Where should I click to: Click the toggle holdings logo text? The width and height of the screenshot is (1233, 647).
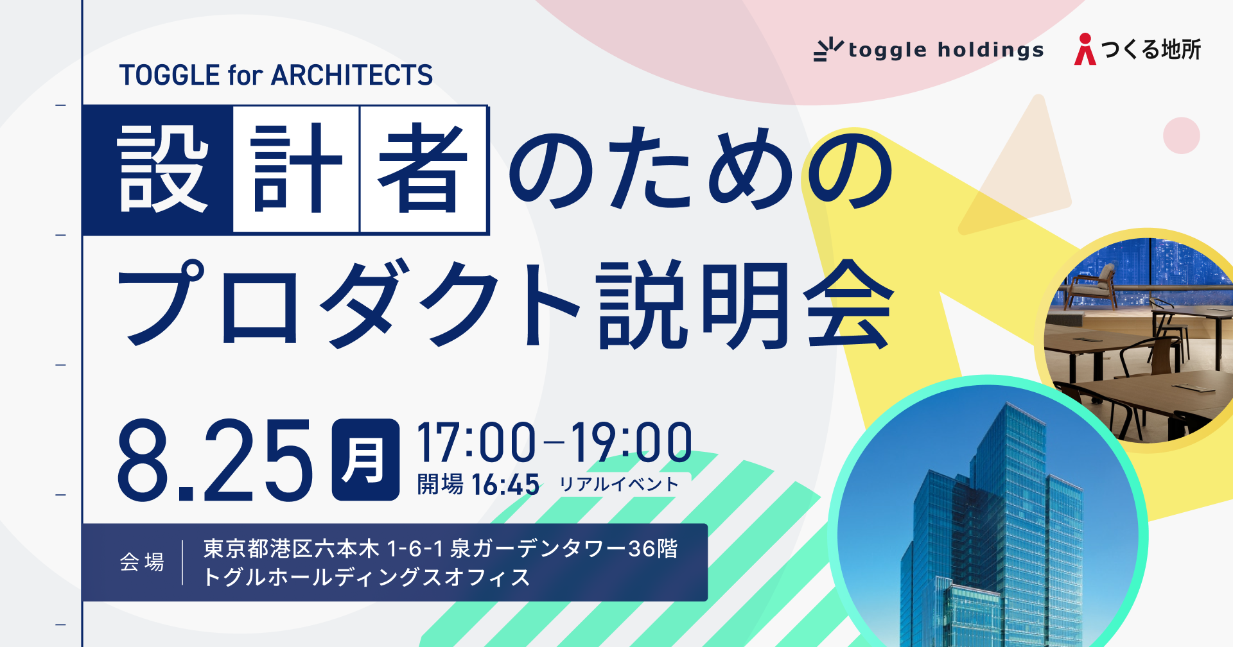pos(945,50)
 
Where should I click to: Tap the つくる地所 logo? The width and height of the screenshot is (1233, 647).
pos(1137,49)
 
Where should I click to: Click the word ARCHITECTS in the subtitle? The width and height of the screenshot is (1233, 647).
pos(352,75)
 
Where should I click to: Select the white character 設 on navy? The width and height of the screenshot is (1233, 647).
pos(162,169)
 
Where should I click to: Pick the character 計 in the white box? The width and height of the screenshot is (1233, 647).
pos(296,169)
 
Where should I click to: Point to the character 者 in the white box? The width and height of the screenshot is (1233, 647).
pos(423,169)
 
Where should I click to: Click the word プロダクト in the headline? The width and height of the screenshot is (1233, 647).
pos(347,303)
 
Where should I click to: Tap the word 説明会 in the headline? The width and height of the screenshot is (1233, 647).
pos(745,303)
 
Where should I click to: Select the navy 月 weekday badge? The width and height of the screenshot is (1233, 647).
pos(365,460)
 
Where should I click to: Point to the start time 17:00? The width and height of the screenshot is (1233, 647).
pos(476,443)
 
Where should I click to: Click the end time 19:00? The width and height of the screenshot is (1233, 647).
pos(632,443)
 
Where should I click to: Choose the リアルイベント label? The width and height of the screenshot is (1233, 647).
pos(618,485)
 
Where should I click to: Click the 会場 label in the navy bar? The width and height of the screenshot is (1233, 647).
pos(142,562)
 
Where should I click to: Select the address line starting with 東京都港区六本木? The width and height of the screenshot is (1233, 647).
pos(441,549)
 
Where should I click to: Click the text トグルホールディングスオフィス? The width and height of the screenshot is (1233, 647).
pos(367,578)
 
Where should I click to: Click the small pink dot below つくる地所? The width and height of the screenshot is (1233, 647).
pos(1181,135)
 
